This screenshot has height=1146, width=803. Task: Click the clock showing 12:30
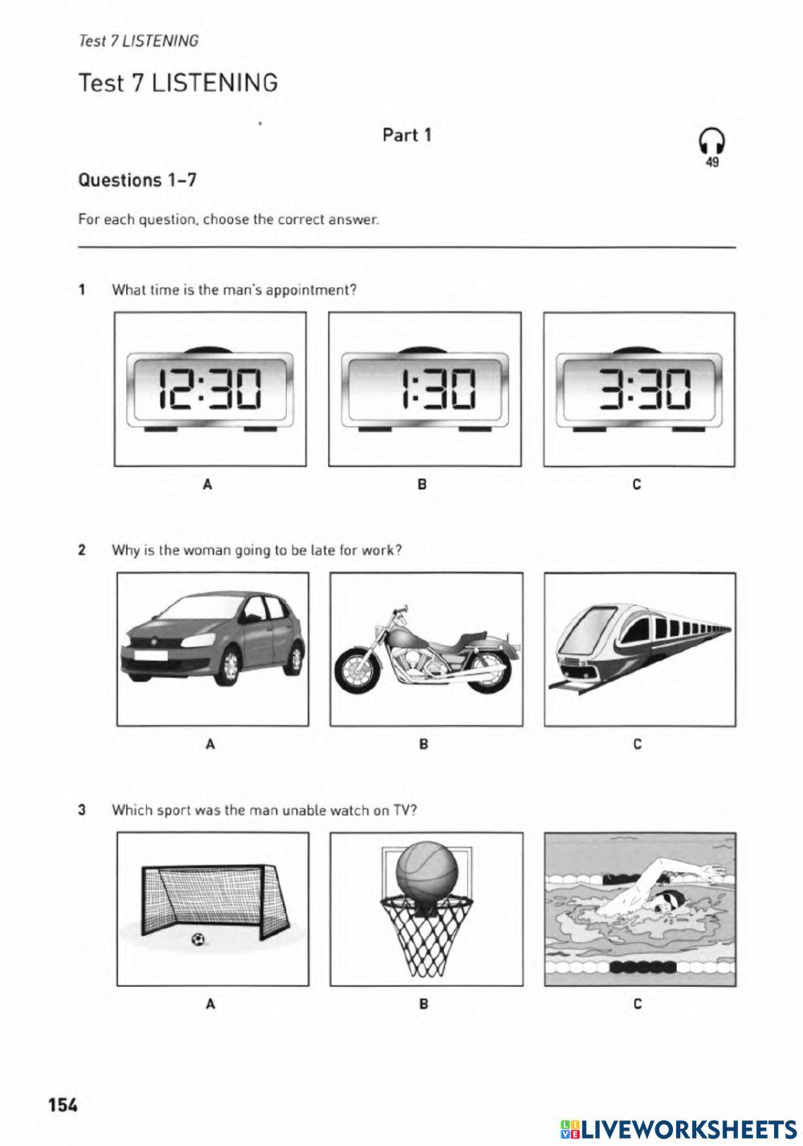tap(210, 389)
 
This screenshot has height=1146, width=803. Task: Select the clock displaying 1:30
tap(425, 389)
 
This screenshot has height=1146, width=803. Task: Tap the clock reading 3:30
tap(639, 389)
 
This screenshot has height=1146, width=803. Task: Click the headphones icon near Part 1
tap(711, 142)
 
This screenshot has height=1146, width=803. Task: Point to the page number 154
tap(63, 1105)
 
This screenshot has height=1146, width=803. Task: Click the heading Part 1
tap(406, 135)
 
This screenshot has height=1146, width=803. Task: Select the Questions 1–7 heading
tap(137, 180)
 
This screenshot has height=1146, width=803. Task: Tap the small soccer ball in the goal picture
tap(198, 939)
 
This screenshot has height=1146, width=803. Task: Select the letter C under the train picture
tap(638, 744)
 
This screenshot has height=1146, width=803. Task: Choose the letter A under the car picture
tap(210, 744)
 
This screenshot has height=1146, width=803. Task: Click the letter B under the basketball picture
tap(424, 1004)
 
